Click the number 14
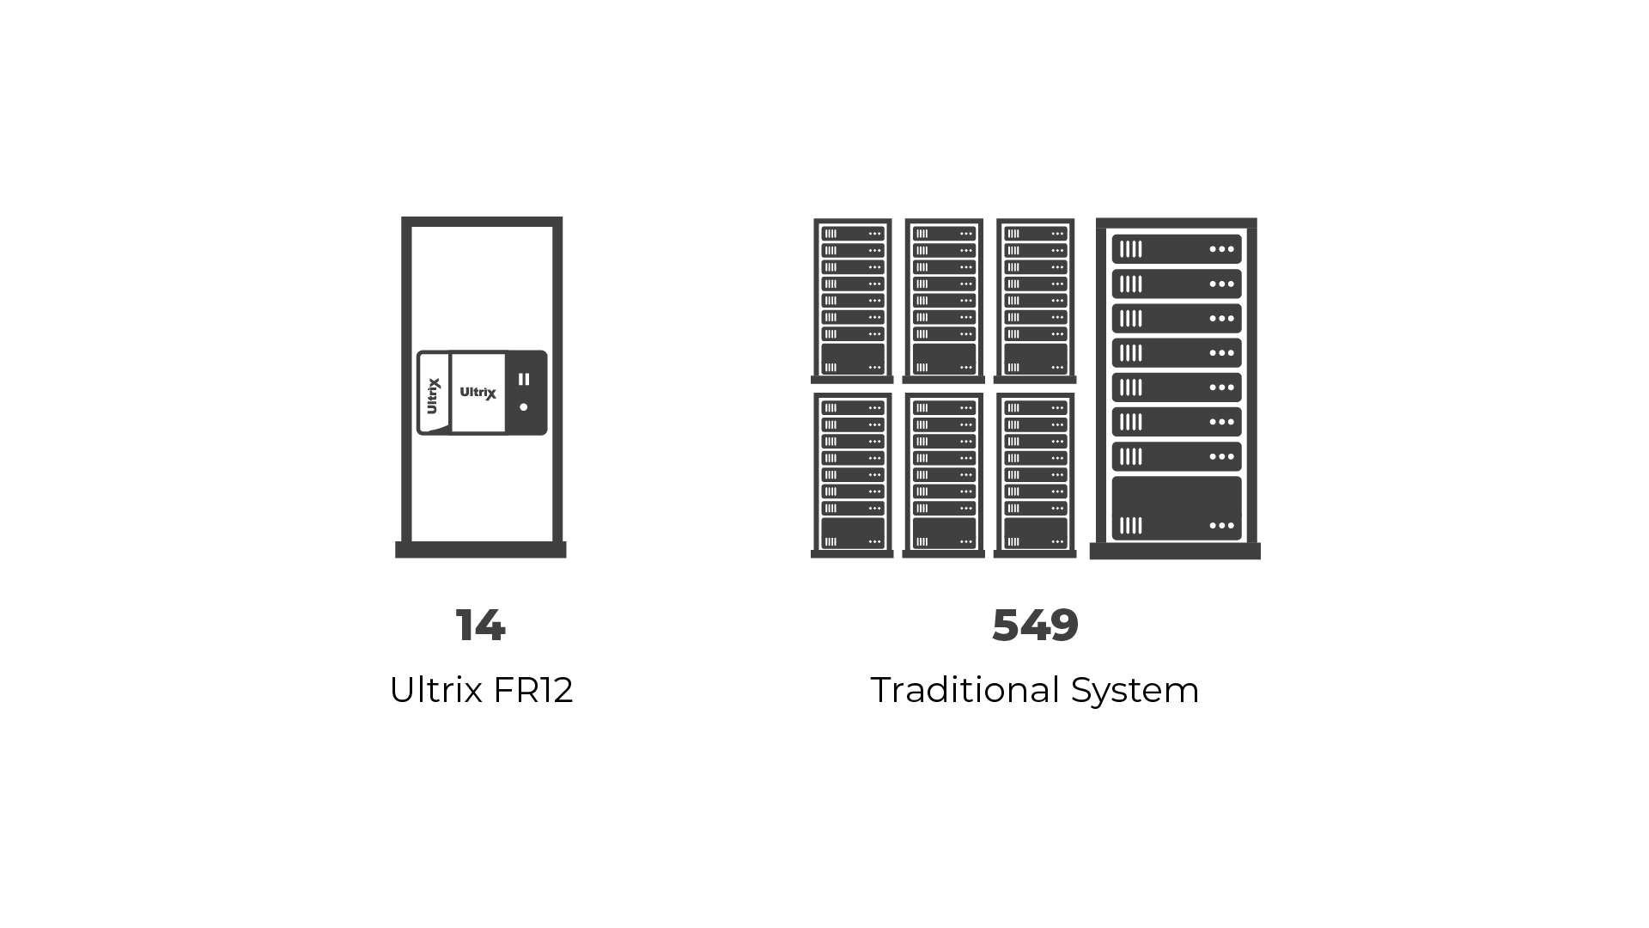(x=481, y=626)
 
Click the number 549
(x=1035, y=626)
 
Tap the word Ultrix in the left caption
(x=435, y=690)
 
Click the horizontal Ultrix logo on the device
(x=478, y=393)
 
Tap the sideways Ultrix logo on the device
(x=434, y=396)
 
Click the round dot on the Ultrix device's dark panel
(x=524, y=407)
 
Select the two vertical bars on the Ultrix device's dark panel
(x=524, y=379)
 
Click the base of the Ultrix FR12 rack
(x=481, y=550)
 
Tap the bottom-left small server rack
(x=852, y=475)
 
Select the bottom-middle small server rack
(x=944, y=475)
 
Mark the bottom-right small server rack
(x=1035, y=475)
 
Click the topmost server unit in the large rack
(x=1177, y=249)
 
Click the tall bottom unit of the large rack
(x=1177, y=509)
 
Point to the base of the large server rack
(x=1175, y=551)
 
